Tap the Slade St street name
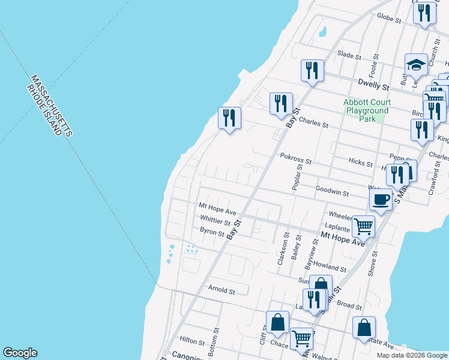[349, 55]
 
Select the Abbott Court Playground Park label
[366, 110]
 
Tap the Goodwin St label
[333, 193]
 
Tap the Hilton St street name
[192, 341]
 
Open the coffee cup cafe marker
[381, 200]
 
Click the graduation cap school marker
[416, 64]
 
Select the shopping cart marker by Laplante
[363, 227]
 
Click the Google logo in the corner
[20, 353]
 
